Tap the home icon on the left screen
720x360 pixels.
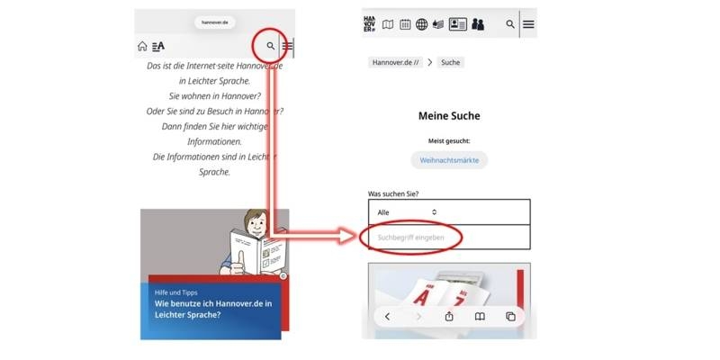pyautogui.click(x=142, y=46)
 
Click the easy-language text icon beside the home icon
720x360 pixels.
pyautogui.click(x=158, y=46)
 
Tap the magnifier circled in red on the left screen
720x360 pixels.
pyautogui.click(x=270, y=45)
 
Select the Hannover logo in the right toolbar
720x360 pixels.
pyautogui.click(x=370, y=23)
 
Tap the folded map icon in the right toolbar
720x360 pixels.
pyautogui.click(x=388, y=24)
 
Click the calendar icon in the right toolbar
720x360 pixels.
pyautogui.click(x=405, y=24)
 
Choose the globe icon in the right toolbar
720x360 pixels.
pyautogui.click(x=422, y=24)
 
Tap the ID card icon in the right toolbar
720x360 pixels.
pyautogui.click(x=457, y=24)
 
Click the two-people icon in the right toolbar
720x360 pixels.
pyautogui.click(x=478, y=24)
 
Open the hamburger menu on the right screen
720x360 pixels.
pyautogui.click(x=528, y=24)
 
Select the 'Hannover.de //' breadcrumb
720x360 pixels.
pyautogui.click(x=393, y=62)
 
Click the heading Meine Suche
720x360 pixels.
pyautogui.click(x=449, y=116)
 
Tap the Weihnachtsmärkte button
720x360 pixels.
pyautogui.click(x=449, y=160)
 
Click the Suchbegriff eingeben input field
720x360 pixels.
pyautogui.click(x=449, y=238)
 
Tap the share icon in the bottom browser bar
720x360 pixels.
pyautogui.click(x=449, y=317)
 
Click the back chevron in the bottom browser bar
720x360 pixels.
pyautogui.click(x=387, y=317)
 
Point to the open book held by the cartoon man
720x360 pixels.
pyautogui.click(x=255, y=249)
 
